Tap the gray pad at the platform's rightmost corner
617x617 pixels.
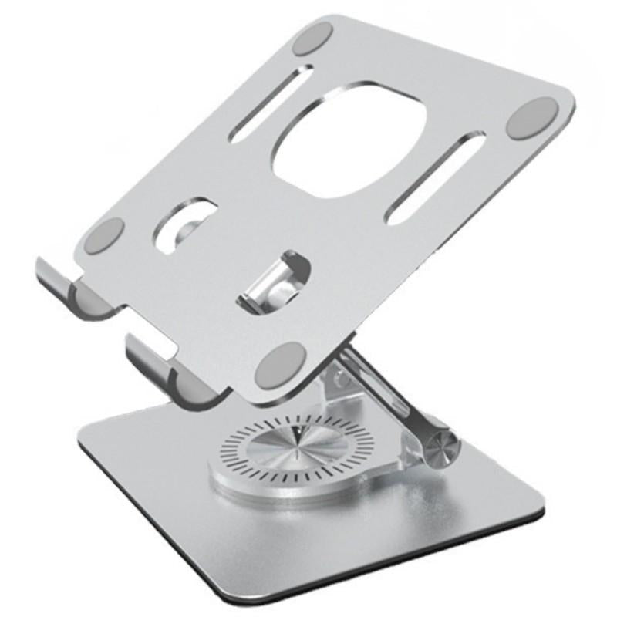click(534, 118)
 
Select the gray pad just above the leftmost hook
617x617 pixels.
click(108, 233)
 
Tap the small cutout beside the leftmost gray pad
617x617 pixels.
click(185, 223)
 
